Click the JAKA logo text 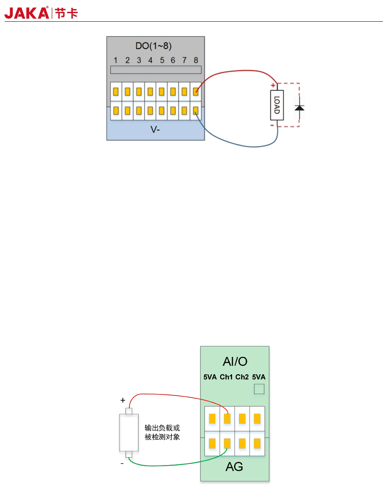[x=27, y=13]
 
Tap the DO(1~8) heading [x=153, y=46]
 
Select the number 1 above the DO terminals [x=116, y=60]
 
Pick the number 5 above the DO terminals [x=162, y=60]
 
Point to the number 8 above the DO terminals [x=196, y=60]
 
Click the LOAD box [x=277, y=105]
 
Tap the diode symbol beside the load [x=300, y=108]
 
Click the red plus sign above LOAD [x=273, y=85]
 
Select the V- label [x=155, y=130]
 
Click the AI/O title [x=235, y=361]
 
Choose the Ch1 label [x=226, y=377]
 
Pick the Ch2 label [x=242, y=377]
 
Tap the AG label [x=234, y=467]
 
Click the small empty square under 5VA [x=259, y=389]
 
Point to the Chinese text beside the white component [x=162, y=432]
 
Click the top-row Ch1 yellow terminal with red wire [x=227, y=419]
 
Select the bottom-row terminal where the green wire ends [x=227, y=443]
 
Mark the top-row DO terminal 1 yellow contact [x=116, y=92]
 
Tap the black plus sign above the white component [x=123, y=400]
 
